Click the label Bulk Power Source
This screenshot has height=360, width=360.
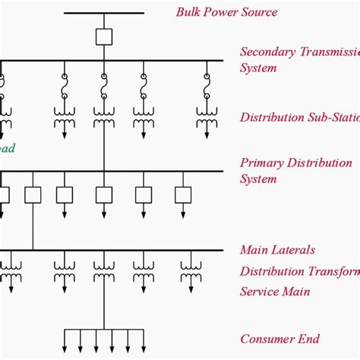tap(226, 11)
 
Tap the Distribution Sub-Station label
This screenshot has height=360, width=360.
tap(296, 117)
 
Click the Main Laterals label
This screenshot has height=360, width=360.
tap(277, 249)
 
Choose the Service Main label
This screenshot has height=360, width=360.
tap(275, 291)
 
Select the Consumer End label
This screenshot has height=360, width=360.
tap(279, 339)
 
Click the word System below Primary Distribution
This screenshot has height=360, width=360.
tap(258, 179)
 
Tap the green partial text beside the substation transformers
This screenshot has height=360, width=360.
tap(7, 148)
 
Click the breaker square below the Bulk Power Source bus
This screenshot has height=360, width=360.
tap(104, 36)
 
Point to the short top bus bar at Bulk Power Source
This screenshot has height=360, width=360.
tap(104, 13)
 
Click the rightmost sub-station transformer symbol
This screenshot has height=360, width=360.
tap(207, 116)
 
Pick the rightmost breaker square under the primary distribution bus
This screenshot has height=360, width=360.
tap(183, 194)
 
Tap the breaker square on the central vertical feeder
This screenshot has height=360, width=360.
tap(104, 194)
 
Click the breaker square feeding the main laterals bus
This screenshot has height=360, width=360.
tap(33, 194)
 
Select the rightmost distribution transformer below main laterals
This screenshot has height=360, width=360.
tap(191, 266)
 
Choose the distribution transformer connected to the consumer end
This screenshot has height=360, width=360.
tap(104, 266)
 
